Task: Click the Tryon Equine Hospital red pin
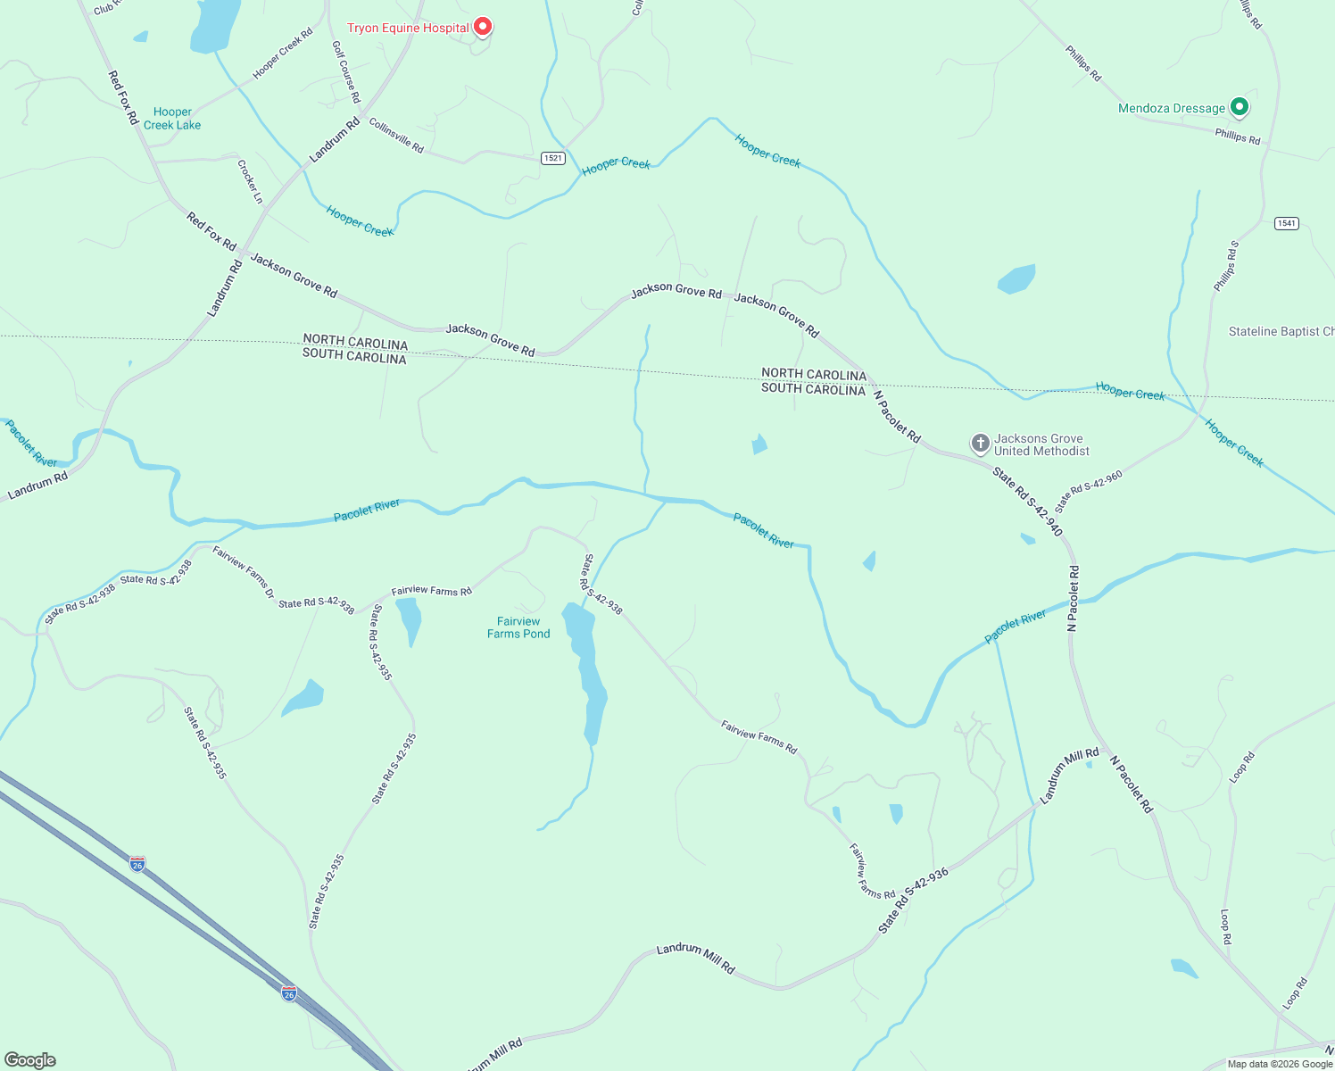483,27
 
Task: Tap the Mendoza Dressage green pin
1239,107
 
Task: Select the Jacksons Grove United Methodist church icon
980,444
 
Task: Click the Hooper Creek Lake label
172,119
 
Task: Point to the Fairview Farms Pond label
518,627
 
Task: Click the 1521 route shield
553,158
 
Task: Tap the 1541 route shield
1286,223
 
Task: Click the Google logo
30,1060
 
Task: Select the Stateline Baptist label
1281,331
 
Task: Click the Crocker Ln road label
250,181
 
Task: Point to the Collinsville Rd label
396,136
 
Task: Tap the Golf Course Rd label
345,71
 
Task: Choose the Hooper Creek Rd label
283,54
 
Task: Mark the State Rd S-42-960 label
1088,492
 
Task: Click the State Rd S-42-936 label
913,901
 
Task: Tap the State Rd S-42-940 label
1029,502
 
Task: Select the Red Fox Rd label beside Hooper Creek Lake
123,97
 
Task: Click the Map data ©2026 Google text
1280,1064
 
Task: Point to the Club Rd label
106,7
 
